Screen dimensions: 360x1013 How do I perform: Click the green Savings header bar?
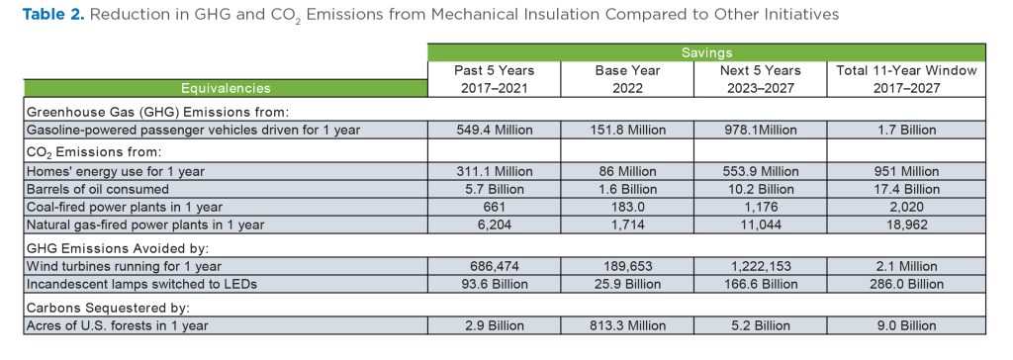point(706,52)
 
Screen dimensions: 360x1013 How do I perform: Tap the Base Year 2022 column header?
point(626,79)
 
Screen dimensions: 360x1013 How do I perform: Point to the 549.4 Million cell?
point(495,130)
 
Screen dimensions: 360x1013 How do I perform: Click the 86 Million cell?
point(626,171)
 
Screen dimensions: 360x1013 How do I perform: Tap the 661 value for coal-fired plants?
point(495,205)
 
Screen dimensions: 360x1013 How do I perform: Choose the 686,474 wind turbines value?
point(495,267)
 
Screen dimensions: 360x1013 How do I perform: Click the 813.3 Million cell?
point(626,325)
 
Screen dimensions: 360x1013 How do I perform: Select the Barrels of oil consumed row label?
point(98,188)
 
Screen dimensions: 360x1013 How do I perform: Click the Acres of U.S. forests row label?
point(117,325)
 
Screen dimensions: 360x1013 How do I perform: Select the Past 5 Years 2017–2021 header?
point(495,79)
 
